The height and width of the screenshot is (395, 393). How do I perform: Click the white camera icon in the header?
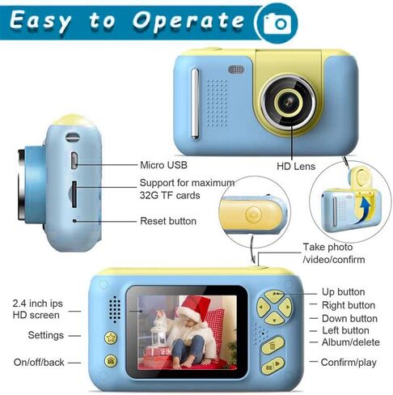coord(277,23)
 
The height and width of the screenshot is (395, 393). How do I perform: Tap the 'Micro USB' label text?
coord(163,165)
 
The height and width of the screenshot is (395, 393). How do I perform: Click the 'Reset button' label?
coord(168,221)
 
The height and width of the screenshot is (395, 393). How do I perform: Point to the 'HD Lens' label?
coord(296,166)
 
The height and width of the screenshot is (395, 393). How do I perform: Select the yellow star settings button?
coord(111,338)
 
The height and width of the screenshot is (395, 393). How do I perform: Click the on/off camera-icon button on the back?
coord(111,360)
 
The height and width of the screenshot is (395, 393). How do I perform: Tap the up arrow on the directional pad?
coord(274,295)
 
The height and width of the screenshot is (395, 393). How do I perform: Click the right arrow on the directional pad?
coord(286,308)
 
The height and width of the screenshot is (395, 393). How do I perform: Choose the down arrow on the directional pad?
coord(274,319)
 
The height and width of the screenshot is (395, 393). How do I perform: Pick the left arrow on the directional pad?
coord(262,308)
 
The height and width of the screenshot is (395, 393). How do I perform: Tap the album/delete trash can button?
coord(273,346)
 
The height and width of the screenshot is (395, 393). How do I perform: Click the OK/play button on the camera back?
coord(273,366)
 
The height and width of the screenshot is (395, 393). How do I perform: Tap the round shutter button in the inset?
coord(253,214)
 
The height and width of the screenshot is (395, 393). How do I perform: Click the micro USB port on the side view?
coord(74,161)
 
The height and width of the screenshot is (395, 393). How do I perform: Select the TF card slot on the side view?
coord(74,194)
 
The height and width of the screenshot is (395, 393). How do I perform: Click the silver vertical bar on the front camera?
coord(195,104)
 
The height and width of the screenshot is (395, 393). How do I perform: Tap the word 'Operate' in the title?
coord(188,21)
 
